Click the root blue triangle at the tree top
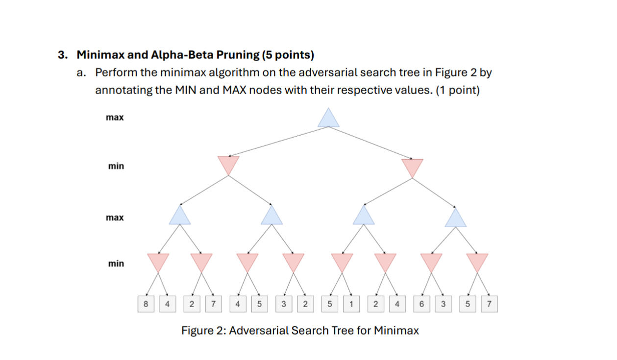328,119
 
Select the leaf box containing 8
146,304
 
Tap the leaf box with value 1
351,304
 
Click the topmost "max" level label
115,118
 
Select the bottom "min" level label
116,264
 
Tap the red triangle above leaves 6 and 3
431,262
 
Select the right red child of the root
412,167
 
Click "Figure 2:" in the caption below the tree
203,331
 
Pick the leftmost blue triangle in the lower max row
180,216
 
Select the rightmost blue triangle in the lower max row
456,218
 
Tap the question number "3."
63,54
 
